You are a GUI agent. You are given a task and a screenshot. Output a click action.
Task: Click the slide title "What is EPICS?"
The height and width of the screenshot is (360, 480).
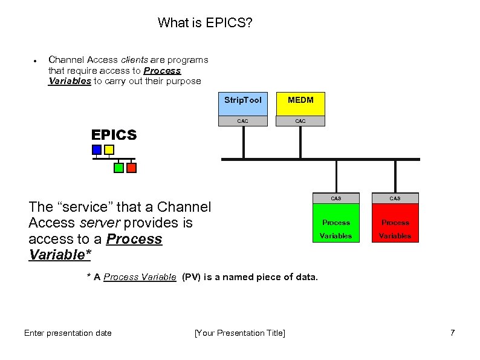pyautogui.click(x=205, y=23)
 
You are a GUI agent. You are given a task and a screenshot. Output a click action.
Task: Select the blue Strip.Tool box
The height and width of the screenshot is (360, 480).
pyautogui.click(x=242, y=103)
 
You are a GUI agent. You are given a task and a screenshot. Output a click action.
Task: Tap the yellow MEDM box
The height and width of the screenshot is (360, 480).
pyautogui.click(x=300, y=103)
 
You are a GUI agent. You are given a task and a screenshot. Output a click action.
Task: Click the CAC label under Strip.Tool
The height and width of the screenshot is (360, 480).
pyautogui.click(x=242, y=121)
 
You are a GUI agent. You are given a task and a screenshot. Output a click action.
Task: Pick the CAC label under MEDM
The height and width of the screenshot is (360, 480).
pyautogui.click(x=300, y=121)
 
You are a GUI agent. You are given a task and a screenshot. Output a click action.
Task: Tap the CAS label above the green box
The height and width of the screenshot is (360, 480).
pyautogui.click(x=336, y=198)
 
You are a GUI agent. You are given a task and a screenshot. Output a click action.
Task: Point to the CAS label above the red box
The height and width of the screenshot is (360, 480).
pyautogui.click(x=395, y=198)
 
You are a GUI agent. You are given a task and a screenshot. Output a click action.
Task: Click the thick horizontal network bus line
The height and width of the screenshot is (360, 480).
pyautogui.click(x=320, y=159)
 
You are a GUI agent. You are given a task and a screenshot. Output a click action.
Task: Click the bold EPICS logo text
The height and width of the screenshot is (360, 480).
pyautogui.click(x=114, y=135)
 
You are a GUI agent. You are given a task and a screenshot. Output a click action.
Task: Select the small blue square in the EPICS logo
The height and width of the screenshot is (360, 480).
pyautogui.click(x=97, y=149)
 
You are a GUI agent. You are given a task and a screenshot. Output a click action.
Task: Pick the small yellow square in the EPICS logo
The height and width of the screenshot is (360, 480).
pyautogui.click(x=109, y=149)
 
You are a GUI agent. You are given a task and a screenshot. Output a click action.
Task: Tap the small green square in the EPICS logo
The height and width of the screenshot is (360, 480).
pyautogui.click(x=119, y=168)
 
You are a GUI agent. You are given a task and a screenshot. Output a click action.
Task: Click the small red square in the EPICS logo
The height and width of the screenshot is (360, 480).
pyautogui.click(x=131, y=168)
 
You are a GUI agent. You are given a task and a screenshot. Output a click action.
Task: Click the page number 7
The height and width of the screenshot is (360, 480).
pyautogui.click(x=452, y=333)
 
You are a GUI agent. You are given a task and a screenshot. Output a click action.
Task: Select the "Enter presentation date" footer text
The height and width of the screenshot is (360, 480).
pyautogui.click(x=68, y=333)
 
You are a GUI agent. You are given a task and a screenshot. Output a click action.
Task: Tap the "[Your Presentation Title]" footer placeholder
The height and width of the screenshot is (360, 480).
pyautogui.click(x=239, y=333)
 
